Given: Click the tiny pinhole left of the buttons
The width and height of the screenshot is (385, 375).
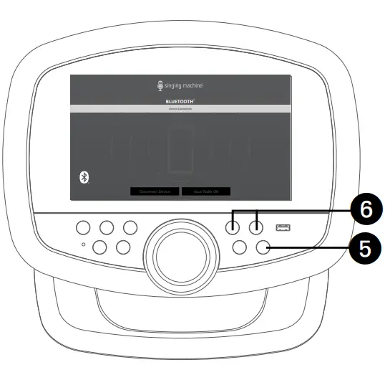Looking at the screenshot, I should coord(84,245).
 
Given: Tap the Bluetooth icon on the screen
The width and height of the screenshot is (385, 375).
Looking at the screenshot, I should coord(83,178).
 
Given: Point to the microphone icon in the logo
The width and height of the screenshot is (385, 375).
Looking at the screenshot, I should coord(160,86).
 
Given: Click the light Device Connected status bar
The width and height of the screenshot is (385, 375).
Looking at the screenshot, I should coord(180,108).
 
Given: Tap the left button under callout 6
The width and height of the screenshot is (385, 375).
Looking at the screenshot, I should coord(233,228).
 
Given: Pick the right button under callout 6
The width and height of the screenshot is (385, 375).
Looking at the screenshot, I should coord(256,228).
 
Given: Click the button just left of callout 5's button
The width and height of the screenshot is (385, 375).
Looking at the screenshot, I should coord(240,247).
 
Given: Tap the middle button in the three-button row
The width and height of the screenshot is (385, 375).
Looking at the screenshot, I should coord(107,228).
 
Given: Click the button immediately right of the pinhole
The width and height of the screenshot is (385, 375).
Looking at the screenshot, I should coord(101,247).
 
